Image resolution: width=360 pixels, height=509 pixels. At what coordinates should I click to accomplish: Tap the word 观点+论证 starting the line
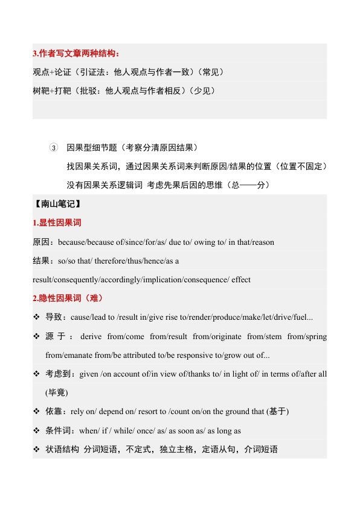pos(52,73)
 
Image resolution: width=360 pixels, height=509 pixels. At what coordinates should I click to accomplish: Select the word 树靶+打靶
pos(52,91)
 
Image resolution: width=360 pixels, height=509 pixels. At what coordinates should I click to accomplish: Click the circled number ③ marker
pos(53,148)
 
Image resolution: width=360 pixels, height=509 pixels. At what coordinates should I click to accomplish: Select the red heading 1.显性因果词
pos(57,223)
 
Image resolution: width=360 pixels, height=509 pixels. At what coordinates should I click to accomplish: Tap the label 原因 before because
pos(43,242)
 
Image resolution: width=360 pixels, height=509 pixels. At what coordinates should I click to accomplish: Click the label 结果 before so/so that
pos(43,261)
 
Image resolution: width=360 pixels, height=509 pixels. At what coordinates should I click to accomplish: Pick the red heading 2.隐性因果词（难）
pos(68,299)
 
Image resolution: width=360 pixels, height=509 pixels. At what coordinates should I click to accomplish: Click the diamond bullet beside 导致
pos(37,317)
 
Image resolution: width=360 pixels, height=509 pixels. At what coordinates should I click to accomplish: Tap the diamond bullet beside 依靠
pos(37,412)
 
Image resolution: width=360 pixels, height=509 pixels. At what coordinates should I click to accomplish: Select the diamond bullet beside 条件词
pos(37,431)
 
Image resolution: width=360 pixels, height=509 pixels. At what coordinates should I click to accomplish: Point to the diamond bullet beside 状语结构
pos(37,450)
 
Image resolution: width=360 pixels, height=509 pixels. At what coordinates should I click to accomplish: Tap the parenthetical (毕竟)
pos(57,393)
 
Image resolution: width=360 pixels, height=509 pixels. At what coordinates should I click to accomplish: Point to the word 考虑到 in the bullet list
pos(60,374)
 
